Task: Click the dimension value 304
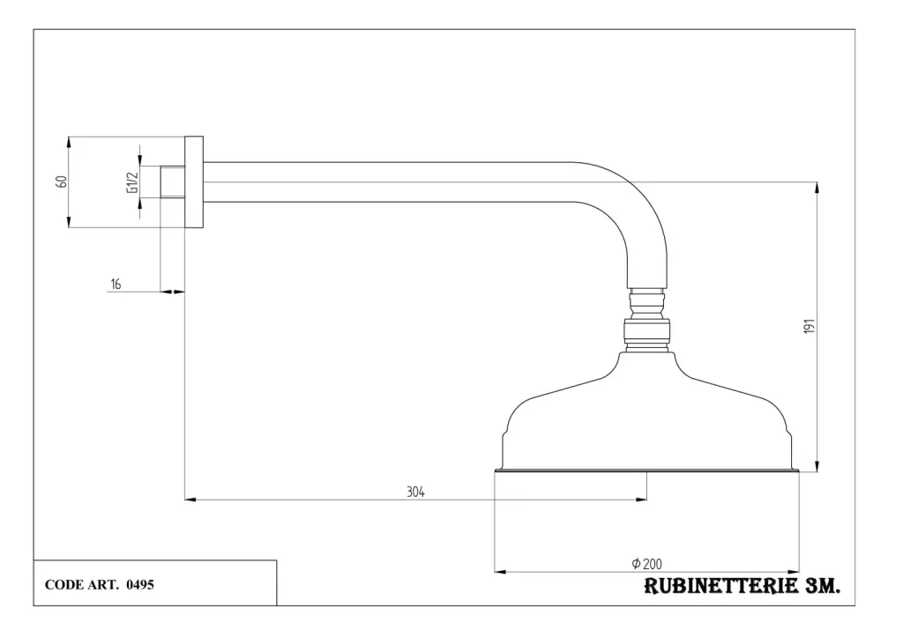click(415, 493)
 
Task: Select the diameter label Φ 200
click(647, 564)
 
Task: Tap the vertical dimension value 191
click(810, 326)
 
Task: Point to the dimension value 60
click(61, 181)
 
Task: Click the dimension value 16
click(116, 284)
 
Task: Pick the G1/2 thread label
click(132, 181)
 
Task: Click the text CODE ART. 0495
click(100, 584)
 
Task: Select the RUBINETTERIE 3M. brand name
click(742, 587)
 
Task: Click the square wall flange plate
click(194, 181)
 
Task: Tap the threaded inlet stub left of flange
click(172, 181)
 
